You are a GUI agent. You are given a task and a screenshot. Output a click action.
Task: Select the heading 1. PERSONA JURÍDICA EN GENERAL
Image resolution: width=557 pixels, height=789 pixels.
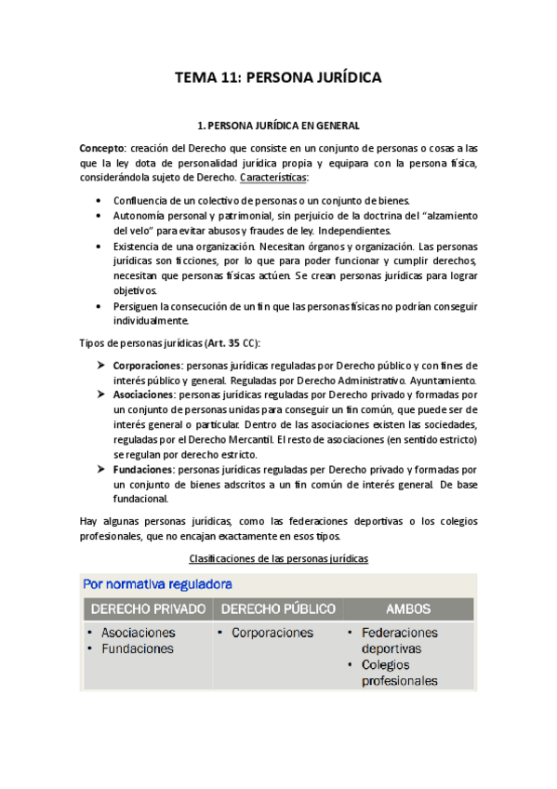[278, 125]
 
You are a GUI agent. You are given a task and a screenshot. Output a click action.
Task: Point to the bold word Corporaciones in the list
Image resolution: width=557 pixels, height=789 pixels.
[146, 365]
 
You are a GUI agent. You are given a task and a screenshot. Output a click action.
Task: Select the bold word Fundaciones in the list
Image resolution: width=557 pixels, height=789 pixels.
[141, 470]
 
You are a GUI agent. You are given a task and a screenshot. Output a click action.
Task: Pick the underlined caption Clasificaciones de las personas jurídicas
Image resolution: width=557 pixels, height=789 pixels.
[278, 558]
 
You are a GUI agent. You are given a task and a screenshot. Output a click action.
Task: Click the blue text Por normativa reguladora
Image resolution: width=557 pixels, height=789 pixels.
[157, 584]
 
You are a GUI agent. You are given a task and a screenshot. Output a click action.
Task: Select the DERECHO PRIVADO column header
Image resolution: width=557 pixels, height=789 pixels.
[146, 609]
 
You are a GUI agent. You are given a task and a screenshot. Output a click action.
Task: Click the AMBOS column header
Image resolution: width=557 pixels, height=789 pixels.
[408, 609]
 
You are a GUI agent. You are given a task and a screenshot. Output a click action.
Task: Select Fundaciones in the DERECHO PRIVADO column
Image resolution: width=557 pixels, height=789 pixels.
[137, 649]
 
